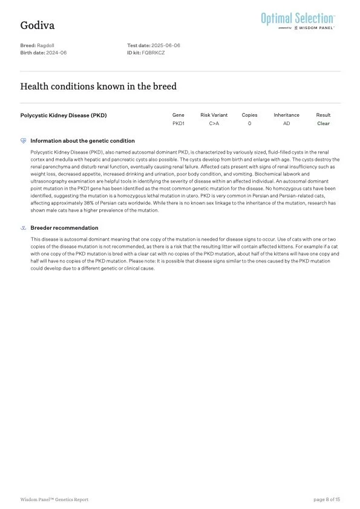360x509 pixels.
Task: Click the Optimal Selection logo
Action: coord(298,19)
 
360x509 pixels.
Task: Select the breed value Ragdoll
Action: coord(46,45)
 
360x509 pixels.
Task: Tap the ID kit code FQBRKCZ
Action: coord(153,53)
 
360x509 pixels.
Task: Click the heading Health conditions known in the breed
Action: coord(99,86)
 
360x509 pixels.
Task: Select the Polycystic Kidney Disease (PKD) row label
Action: coord(64,115)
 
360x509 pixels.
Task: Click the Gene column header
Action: coord(178,115)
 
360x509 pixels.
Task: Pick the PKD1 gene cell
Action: coord(178,123)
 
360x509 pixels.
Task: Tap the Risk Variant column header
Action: coord(214,115)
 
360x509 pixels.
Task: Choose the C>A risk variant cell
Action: coord(214,123)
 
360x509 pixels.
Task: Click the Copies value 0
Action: coord(249,123)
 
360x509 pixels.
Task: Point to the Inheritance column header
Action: coord(286,115)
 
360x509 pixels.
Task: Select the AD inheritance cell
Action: coord(286,123)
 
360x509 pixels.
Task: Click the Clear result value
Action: coord(323,123)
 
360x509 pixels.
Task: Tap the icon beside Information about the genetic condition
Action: coord(24,141)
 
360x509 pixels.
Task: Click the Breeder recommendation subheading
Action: coord(64,228)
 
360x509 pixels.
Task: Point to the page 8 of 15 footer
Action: coord(327,499)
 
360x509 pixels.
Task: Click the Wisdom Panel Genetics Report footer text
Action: coord(54,499)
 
